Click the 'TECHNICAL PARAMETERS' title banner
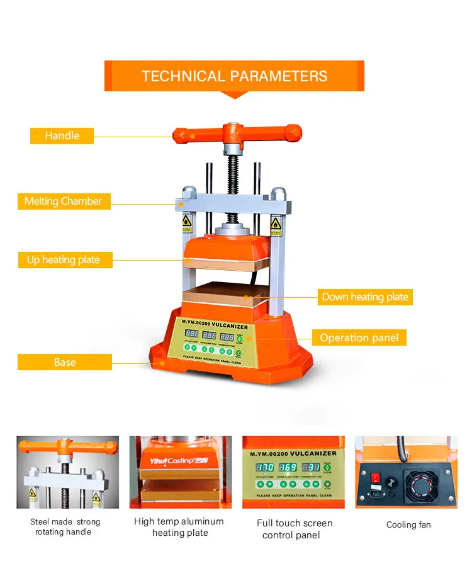[234, 76]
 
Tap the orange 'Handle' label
[62, 135]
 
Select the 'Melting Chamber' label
[63, 201]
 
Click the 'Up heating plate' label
[64, 259]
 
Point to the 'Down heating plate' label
[365, 297]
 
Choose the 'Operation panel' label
[359, 337]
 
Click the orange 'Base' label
[64, 362]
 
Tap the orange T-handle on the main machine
[237, 134]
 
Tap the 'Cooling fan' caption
[408, 524]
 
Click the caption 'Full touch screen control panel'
[295, 529]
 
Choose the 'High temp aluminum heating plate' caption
[179, 527]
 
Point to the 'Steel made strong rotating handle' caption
[64, 526]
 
